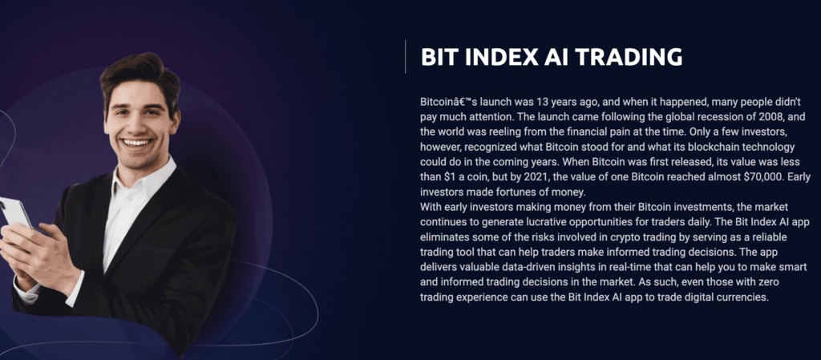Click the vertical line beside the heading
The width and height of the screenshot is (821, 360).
(405, 56)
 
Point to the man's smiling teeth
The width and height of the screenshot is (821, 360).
(137, 143)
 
